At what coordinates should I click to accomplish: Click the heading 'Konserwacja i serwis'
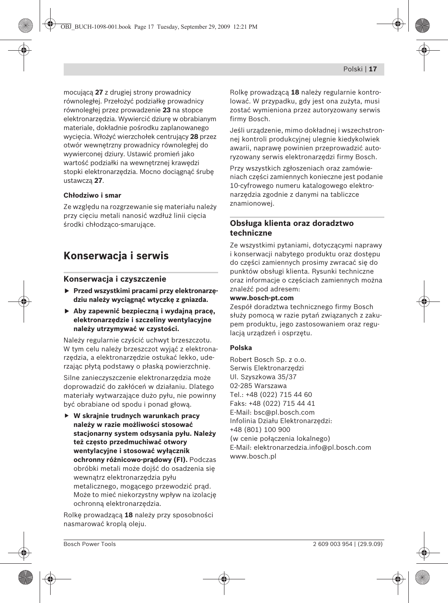116,256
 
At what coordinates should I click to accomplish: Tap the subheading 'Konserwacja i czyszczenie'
115,279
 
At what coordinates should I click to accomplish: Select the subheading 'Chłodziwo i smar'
92,195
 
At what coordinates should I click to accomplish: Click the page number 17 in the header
373,69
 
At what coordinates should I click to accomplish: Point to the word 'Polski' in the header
353,69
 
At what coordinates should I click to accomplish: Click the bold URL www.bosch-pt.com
262,298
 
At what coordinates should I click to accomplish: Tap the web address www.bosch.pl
253,456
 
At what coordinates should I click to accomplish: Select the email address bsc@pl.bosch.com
284,412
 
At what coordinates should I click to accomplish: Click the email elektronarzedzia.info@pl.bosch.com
312,447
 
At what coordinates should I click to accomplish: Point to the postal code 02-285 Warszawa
258,386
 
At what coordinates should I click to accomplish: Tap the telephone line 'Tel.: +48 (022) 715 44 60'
271,394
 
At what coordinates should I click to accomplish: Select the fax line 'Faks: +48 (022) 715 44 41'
273,403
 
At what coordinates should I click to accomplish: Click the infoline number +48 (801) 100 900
260,429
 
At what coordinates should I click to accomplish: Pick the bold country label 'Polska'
241,348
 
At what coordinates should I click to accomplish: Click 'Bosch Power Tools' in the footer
89,544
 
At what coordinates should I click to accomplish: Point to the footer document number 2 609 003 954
332,544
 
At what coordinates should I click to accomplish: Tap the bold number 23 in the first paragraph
167,110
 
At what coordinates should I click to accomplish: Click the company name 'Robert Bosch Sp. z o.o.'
268,359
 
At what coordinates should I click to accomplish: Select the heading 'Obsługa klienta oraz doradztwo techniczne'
292,228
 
